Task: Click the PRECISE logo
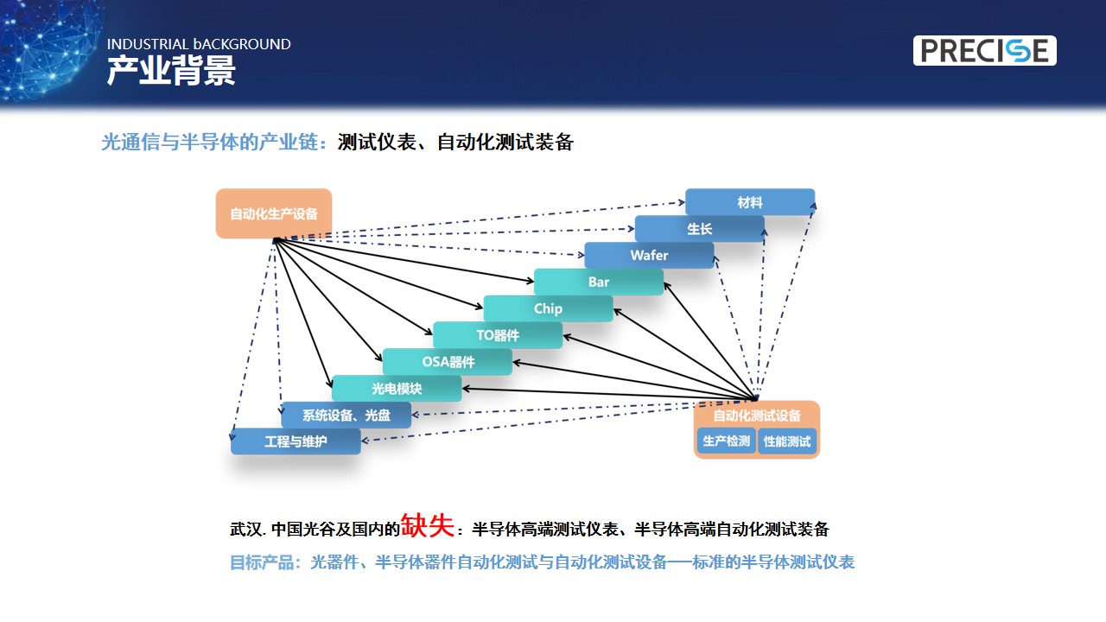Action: pos(984,50)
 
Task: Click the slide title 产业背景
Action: pos(171,71)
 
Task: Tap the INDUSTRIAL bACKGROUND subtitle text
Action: pos(199,44)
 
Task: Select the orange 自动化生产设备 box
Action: pos(274,213)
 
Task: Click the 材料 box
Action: pos(749,202)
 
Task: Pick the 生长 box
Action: pos(699,229)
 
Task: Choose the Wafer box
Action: pos(649,255)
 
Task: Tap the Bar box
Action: pos(599,282)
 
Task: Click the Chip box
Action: pos(548,308)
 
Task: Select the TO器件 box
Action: pos(498,335)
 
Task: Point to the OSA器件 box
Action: pos(448,362)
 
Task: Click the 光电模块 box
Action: pos(397,389)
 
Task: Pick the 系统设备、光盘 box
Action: pos(346,416)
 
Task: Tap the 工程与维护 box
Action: pos(296,441)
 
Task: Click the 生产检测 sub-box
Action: pos(727,441)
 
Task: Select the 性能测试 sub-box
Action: pos(787,441)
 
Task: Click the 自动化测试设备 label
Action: pos(757,416)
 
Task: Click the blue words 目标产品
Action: pos(262,562)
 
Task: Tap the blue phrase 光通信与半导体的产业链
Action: pos(209,143)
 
